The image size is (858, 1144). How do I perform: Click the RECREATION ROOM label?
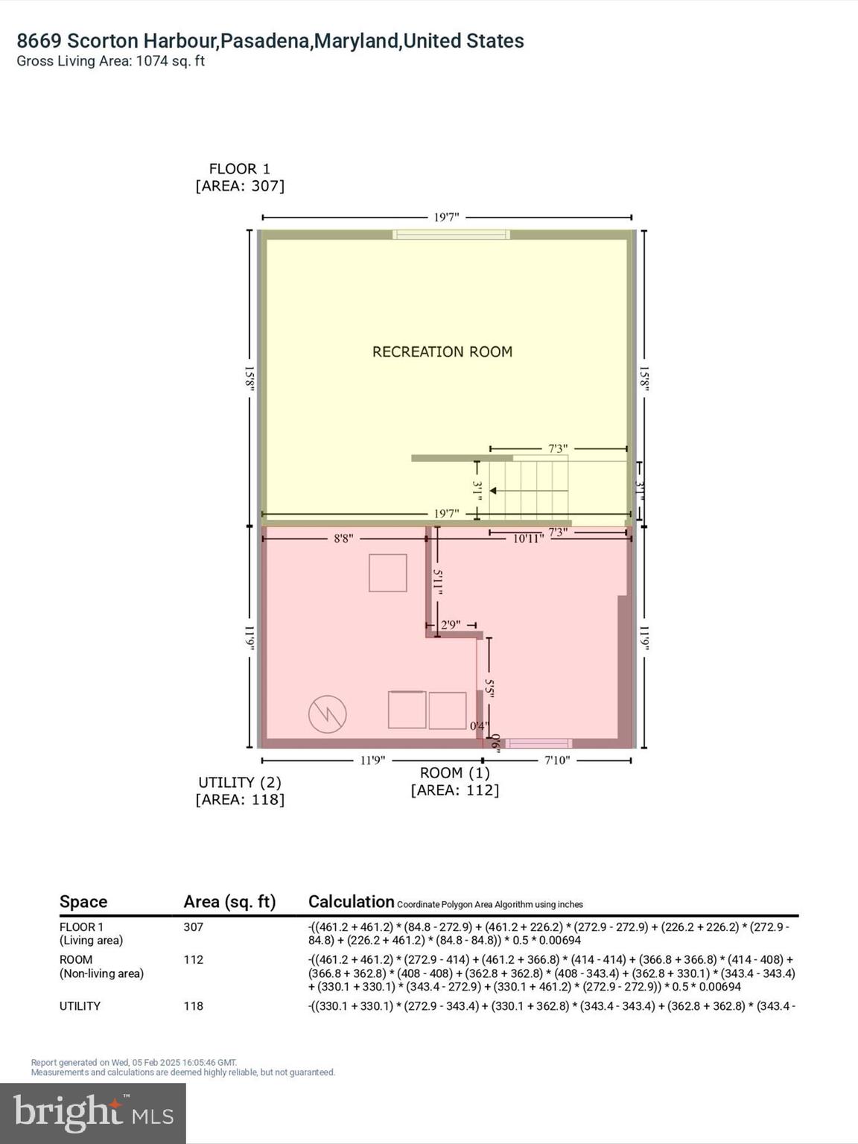(442, 352)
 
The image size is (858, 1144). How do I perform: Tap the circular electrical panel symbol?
(328, 714)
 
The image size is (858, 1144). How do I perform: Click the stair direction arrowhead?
(493, 491)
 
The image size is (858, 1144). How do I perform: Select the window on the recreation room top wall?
(451, 235)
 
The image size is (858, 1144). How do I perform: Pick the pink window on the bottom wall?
(538, 743)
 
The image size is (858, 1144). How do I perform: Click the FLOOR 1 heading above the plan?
(239, 169)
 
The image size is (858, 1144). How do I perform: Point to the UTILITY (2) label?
(239, 782)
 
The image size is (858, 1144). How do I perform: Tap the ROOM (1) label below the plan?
(454, 773)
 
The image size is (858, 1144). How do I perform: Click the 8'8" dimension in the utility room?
(343, 538)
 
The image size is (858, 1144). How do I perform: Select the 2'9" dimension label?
(451, 625)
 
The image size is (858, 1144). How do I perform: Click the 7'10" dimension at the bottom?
(556, 760)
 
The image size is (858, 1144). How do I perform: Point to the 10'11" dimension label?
(527, 538)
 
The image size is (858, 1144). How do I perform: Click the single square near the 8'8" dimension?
(388, 573)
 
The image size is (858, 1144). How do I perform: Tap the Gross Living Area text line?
(111, 61)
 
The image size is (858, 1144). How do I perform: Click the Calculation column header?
(351, 902)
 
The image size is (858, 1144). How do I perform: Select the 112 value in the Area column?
(194, 959)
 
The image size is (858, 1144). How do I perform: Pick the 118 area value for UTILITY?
(194, 1005)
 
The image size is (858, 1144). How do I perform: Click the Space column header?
(83, 902)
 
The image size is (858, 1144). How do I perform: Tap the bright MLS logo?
(93, 1113)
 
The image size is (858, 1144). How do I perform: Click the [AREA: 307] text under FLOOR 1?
(239, 186)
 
